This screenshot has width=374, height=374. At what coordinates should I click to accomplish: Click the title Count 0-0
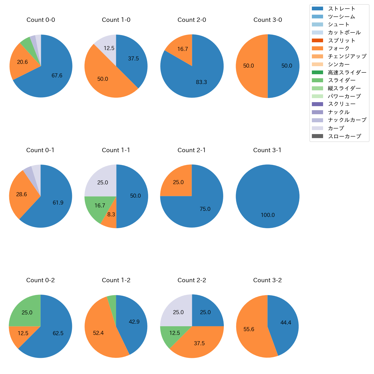pos(41,20)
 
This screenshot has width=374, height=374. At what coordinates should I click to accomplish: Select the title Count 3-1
pos(267,150)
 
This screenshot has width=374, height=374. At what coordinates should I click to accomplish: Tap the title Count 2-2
pos(192,280)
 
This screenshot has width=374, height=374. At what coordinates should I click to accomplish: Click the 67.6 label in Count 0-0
pos(57,75)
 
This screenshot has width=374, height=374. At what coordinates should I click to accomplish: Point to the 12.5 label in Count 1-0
pos(109,48)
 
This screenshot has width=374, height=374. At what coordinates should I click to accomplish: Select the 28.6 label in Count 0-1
pos(22,194)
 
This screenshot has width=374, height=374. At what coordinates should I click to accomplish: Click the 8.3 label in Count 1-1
pos(111,215)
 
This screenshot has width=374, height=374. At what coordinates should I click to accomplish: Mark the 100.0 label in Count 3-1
pos(268,215)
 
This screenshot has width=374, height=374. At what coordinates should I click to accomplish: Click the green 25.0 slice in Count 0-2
pos(27,312)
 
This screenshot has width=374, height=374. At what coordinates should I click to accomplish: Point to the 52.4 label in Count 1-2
pos(98,333)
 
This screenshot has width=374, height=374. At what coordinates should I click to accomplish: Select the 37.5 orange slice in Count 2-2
pos(199,343)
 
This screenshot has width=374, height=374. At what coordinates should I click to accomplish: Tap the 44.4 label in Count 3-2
pos(286,323)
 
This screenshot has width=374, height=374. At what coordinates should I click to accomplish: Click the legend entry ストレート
pos(341,9)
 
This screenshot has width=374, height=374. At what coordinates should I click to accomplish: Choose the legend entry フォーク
pos(339,48)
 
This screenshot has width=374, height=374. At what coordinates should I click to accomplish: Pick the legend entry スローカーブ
pos(344,136)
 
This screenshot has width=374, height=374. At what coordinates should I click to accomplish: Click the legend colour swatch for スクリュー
pos(317,104)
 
